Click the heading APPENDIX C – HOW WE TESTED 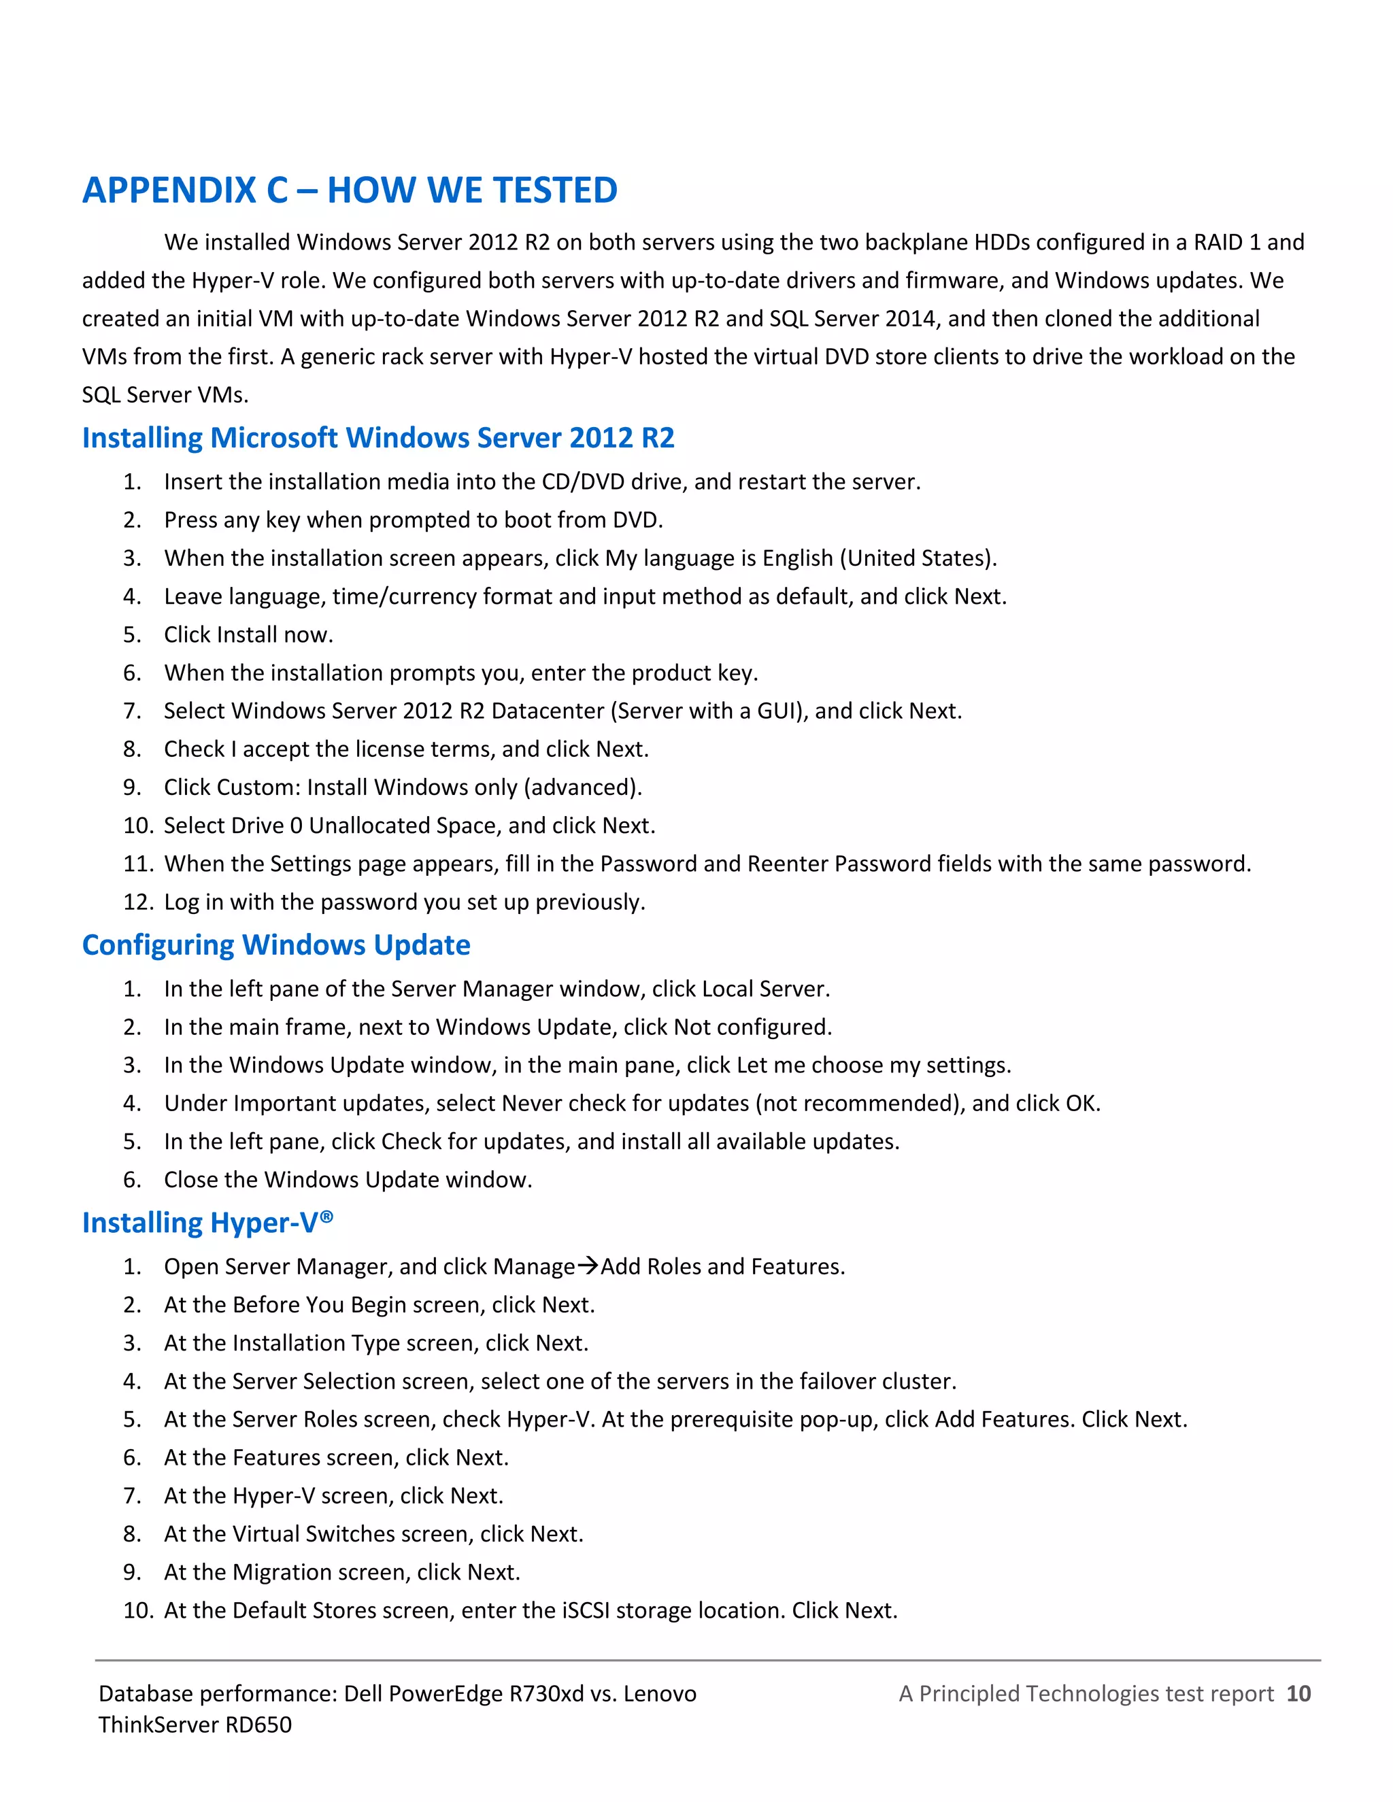coord(349,190)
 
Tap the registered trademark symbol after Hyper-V coord(326,1217)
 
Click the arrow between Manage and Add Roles coord(588,1265)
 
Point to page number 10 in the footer coord(1298,1694)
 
